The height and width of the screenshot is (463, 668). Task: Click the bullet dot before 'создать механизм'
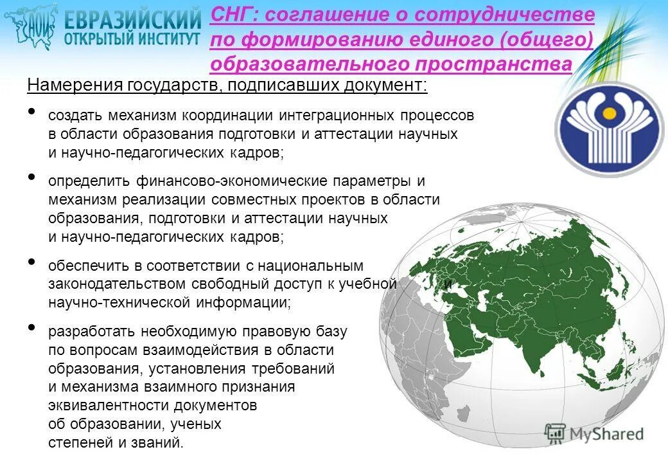[x=32, y=113]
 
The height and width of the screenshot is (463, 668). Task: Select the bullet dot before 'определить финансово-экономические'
[x=32, y=178]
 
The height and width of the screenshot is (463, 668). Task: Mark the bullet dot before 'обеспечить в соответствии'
[x=32, y=262]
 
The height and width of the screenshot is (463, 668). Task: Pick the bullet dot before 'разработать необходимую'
[x=32, y=329]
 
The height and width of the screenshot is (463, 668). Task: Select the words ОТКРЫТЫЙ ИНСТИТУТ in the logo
[x=132, y=39]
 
